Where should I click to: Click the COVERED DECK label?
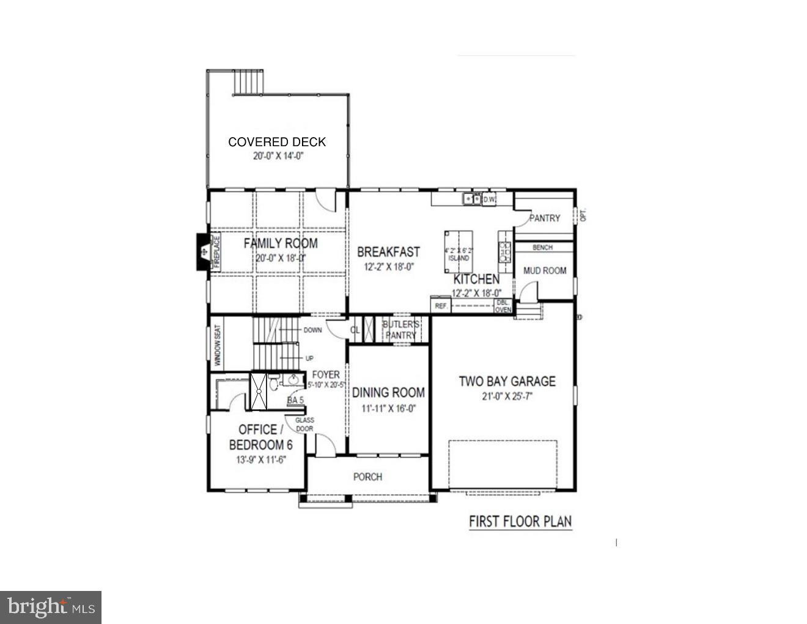(x=277, y=142)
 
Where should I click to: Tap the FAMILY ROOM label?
(x=281, y=243)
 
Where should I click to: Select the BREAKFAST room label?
(x=388, y=252)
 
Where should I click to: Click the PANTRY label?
(x=544, y=218)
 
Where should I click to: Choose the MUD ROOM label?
(x=545, y=270)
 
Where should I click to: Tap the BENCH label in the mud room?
(x=542, y=248)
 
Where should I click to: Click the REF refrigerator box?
(x=440, y=306)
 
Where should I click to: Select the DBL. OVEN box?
(x=503, y=306)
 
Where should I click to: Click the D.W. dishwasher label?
(x=489, y=199)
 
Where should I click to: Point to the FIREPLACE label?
(x=215, y=251)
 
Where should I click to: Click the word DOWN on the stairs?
(x=312, y=330)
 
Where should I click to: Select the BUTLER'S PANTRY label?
(x=400, y=330)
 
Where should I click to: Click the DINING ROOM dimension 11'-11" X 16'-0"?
(x=388, y=409)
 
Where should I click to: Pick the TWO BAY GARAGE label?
(x=507, y=382)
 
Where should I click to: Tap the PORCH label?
(x=367, y=477)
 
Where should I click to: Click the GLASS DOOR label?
(x=304, y=424)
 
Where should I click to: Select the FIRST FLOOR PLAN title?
(x=520, y=522)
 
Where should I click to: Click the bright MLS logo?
(x=51, y=607)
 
